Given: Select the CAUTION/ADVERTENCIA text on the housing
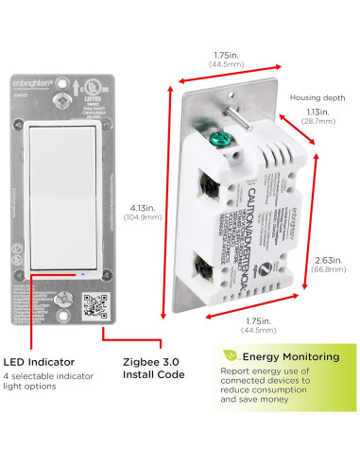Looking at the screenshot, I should [244, 204].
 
